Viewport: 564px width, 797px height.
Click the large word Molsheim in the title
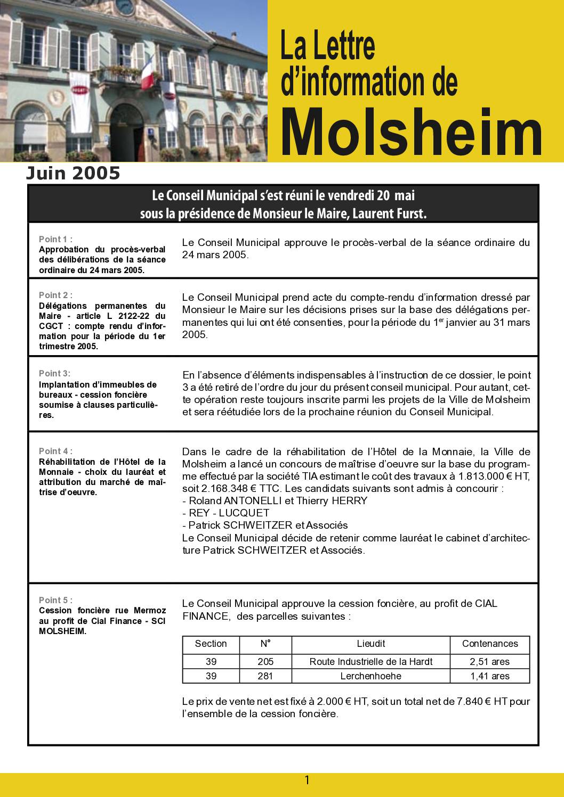[411, 130]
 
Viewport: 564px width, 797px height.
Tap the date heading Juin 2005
[74, 174]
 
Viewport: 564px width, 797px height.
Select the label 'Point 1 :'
[55, 239]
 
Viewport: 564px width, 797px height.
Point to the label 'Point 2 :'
[55, 295]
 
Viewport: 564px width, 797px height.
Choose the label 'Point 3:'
[54, 373]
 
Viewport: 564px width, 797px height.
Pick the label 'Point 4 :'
[55, 451]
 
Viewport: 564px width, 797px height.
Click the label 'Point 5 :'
[55, 600]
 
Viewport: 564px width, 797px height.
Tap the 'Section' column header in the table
[211, 644]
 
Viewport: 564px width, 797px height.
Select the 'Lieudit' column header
[370, 644]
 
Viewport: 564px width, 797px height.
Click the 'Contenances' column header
[489, 644]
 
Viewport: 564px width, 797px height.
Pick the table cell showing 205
[265, 662]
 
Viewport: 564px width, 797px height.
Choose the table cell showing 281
[265, 676]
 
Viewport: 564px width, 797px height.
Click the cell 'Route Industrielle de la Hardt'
[370, 662]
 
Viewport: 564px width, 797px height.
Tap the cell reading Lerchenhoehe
[370, 676]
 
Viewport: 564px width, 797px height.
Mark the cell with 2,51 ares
[489, 662]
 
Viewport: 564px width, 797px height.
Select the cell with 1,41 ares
[489, 676]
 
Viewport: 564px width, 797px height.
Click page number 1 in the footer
[307, 780]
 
